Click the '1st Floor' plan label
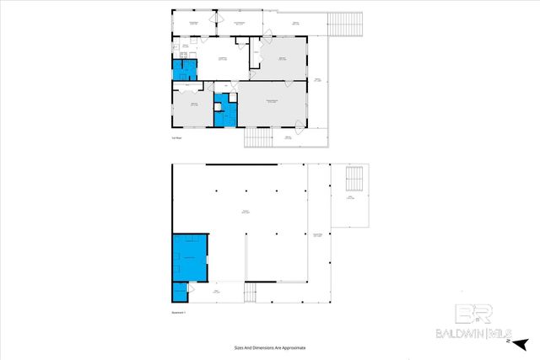pos(177,137)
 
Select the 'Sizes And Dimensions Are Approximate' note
pos(269,347)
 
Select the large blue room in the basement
pos(190,256)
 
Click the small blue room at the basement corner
pos(179,292)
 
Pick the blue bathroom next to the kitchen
pos(181,70)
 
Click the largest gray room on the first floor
pos(272,105)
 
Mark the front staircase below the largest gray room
pos(258,137)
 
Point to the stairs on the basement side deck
pos(355,179)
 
